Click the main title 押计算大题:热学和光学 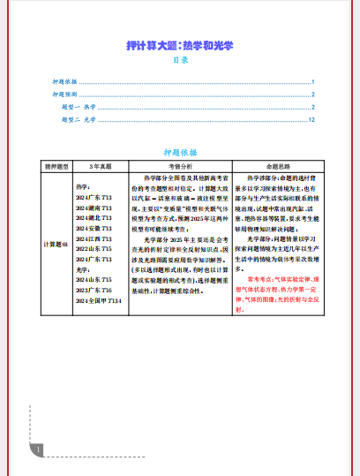[x=180, y=44]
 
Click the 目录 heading [x=180, y=60]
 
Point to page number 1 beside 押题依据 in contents [x=313, y=81]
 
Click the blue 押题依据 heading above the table [x=180, y=152]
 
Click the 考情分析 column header [x=179, y=165]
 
